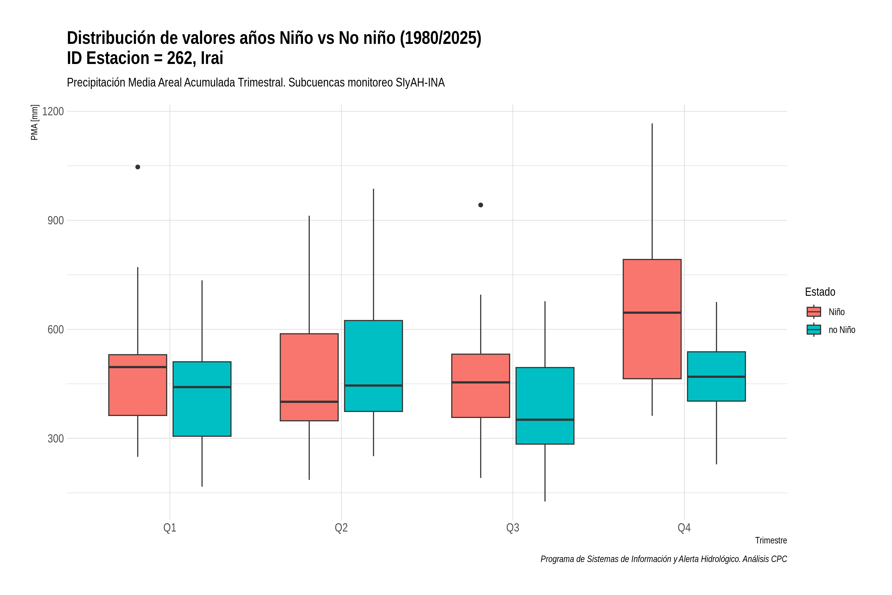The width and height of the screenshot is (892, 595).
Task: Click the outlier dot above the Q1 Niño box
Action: tap(138, 167)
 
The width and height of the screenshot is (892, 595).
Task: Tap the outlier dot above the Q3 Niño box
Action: tap(480, 205)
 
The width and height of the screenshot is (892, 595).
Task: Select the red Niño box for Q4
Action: tap(652, 319)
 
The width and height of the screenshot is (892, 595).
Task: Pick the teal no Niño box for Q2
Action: tap(373, 366)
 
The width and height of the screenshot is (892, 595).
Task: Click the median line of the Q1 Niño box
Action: tap(138, 367)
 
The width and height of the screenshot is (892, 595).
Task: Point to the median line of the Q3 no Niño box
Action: tap(545, 420)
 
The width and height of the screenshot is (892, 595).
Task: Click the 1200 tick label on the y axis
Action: tap(53, 111)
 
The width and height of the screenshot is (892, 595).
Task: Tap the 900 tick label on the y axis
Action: tap(55, 220)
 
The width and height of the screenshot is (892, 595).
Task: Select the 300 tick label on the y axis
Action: tap(55, 438)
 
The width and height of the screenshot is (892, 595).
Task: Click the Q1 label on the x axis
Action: tap(169, 528)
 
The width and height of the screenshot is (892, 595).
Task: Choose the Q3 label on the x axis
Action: tap(513, 528)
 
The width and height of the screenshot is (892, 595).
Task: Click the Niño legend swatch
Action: tap(813, 312)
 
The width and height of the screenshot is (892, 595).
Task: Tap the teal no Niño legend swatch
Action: tap(813, 330)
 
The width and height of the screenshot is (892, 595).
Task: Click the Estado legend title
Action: tap(820, 292)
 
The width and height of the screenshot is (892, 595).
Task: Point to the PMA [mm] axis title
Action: tap(34, 122)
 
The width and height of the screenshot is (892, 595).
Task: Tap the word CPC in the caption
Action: tap(779, 559)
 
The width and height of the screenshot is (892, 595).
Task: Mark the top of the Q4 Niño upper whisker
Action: tap(652, 124)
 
